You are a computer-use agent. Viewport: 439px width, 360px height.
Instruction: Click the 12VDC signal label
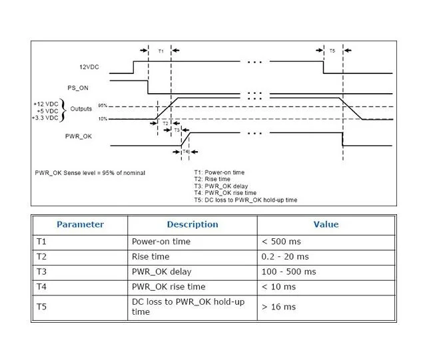coord(89,67)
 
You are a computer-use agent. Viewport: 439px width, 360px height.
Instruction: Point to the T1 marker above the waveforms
coord(161,51)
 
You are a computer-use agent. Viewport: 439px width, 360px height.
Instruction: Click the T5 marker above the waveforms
coord(332,51)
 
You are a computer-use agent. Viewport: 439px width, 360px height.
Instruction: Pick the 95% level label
coord(103,106)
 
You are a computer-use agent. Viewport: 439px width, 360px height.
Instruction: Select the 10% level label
coord(103,118)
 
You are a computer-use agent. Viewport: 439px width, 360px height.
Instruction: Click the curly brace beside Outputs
coord(64,110)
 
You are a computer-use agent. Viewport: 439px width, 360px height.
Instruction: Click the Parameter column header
coord(80,225)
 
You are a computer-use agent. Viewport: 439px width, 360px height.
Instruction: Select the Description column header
coord(192,225)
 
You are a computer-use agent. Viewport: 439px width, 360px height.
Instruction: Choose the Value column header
coord(326,225)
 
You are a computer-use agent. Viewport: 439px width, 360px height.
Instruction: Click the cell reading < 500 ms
coord(280,241)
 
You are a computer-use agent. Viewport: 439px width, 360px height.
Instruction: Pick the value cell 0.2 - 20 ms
coord(285,256)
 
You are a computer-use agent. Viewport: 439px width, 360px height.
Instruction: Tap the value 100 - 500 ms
coord(289,271)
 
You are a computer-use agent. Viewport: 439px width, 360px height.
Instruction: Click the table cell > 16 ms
coord(278,307)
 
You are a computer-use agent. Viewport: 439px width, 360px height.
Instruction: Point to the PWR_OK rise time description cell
coord(169,287)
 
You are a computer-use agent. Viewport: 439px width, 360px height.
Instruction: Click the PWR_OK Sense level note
coord(90,173)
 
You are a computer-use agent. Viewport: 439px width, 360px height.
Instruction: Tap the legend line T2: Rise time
coord(213,179)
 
